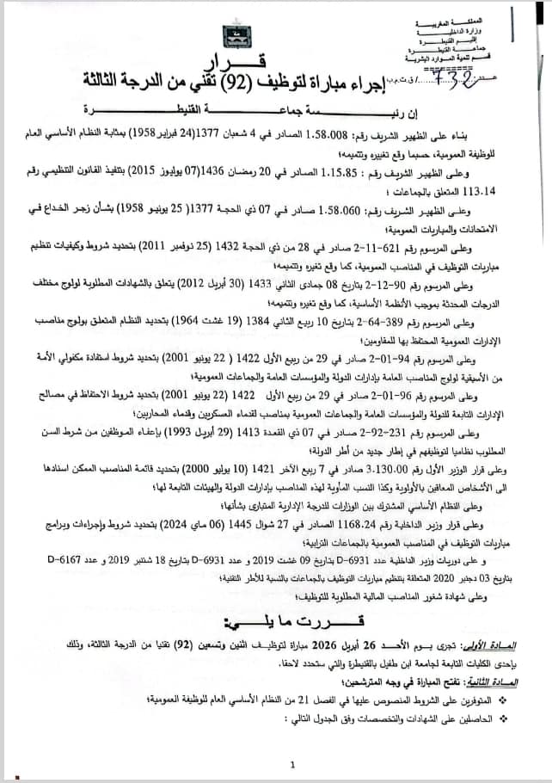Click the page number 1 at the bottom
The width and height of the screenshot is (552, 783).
(292, 763)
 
